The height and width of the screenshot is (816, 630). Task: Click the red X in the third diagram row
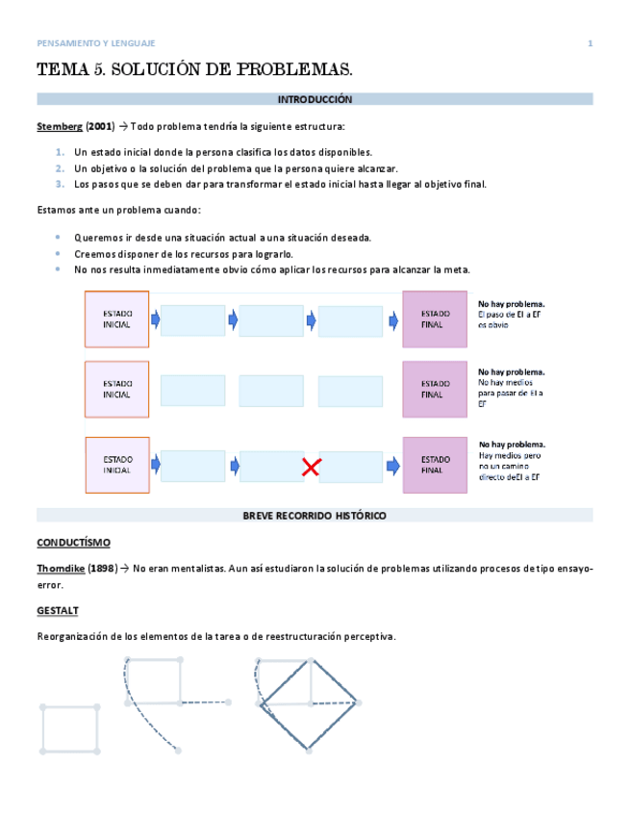tap(311, 468)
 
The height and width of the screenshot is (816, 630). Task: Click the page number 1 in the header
tap(590, 43)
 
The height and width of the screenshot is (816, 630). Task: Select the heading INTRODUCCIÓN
tap(315, 99)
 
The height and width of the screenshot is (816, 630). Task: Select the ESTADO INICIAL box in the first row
tap(116, 319)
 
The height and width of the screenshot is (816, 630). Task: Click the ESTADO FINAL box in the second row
tap(434, 389)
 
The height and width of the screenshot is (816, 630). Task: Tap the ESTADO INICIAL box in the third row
tap(116, 465)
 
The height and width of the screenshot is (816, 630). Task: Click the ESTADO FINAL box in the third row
tap(434, 465)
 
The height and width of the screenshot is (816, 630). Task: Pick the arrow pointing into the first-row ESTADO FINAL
tap(391, 319)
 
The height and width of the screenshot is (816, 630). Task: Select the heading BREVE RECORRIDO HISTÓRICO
tap(315, 516)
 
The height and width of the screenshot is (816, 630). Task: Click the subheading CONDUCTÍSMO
tap(73, 543)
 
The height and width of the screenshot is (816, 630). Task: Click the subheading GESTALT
tap(57, 610)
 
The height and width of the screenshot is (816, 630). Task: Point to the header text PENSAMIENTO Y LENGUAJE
tap(95, 43)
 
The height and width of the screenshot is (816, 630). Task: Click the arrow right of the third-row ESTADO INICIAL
tap(155, 466)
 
